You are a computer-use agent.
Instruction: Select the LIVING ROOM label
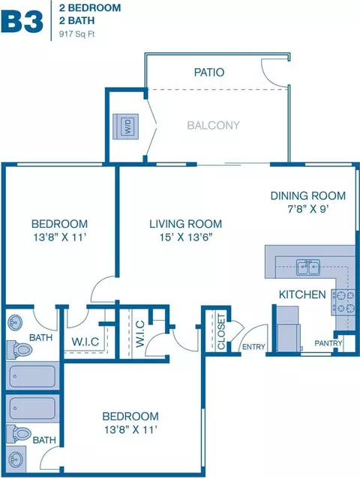pyautogui.click(x=185, y=223)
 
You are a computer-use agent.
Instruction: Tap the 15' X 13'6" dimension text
pyautogui.click(x=185, y=238)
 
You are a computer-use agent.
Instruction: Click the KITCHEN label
pyautogui.click(x=301, y=294)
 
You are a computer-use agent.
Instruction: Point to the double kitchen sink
pyautogui.click(x=307, y=266)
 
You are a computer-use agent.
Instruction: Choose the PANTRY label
pyautogui.click(x=328, y=343)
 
